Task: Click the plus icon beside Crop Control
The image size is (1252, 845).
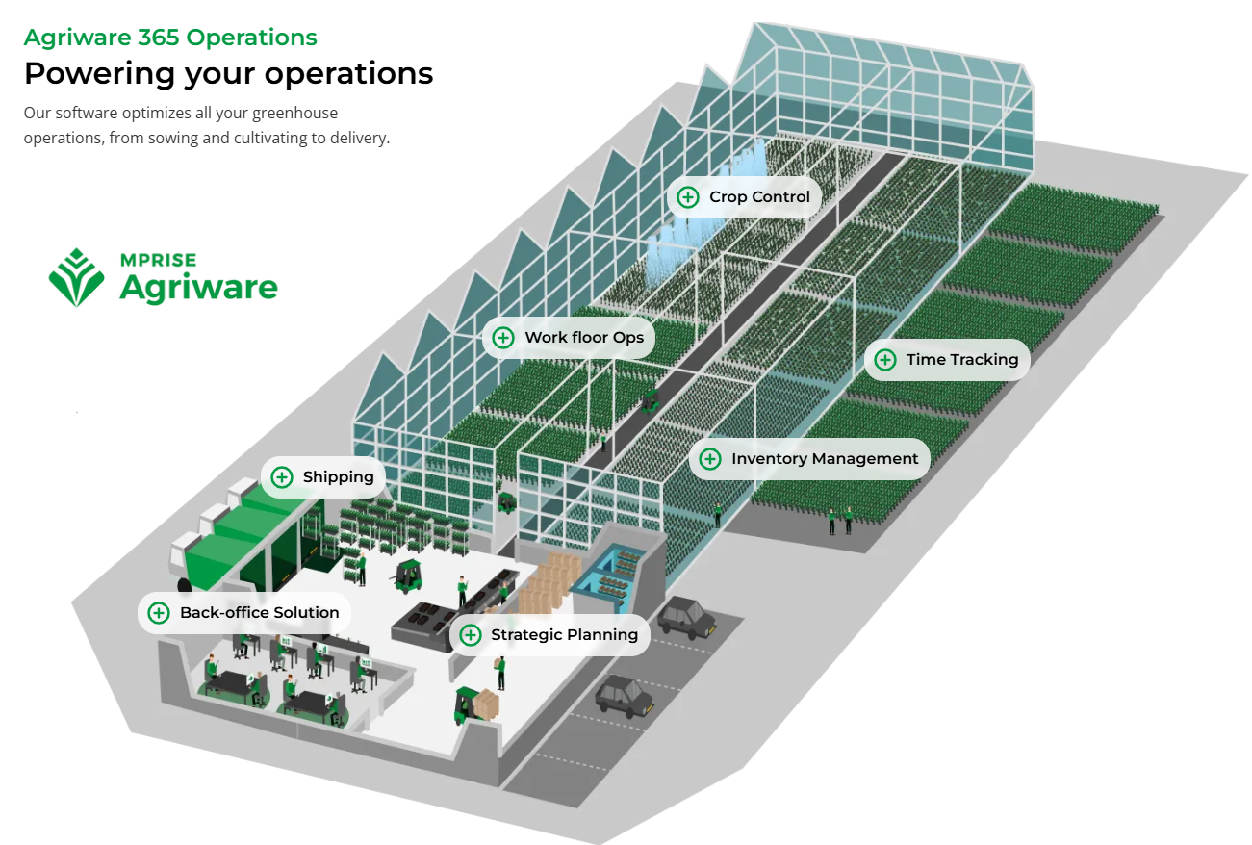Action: (688, 197)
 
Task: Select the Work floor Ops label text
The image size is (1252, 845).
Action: (584, 338)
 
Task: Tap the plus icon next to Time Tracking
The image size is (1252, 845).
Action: (885, 360)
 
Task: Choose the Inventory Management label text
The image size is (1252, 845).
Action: (825, 459)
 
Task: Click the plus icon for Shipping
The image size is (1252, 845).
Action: (282, 476)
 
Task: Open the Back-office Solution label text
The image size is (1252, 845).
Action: (259, 612)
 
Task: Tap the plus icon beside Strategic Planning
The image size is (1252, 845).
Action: (471, 635)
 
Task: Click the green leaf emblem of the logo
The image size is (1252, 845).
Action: (77, 278)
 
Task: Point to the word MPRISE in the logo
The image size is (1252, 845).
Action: (158, 260)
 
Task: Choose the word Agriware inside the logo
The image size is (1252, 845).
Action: (198, 287)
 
